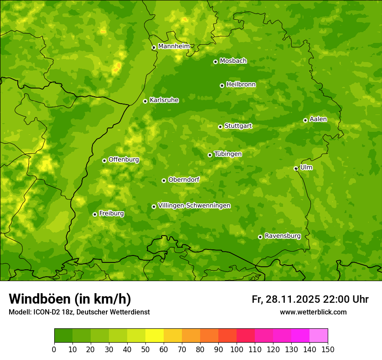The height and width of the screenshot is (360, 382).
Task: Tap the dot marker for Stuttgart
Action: [220, 127]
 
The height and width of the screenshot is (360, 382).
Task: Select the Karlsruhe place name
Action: [164, 100]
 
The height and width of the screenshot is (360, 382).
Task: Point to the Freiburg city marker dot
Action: [95, 214]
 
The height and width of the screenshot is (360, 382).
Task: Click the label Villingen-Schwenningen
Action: [194, 206]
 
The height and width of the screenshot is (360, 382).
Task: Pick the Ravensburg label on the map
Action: [282, 236]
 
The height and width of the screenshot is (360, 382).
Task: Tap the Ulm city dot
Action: [296, 168]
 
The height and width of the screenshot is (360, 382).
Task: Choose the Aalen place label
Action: [318, 119]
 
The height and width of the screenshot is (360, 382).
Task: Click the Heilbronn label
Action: [241, 85]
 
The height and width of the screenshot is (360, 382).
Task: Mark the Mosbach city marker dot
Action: [215, 62]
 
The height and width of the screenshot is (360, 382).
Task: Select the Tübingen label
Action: [227, 154]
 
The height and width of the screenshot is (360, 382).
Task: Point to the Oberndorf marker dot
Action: [164, 180]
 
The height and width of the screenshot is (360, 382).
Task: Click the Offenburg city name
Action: [123, 160]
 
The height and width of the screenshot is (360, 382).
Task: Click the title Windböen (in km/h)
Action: [69, 299]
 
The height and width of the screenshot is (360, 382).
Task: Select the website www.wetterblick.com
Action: [313, 312]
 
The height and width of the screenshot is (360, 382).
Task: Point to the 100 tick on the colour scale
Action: [237, 349]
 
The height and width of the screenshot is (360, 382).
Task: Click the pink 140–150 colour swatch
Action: [319, 336]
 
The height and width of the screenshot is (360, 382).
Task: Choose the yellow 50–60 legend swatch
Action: [155, 336]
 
